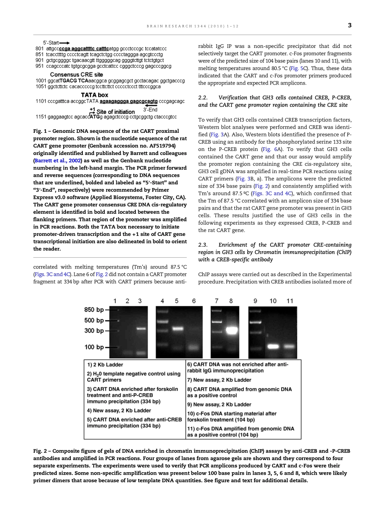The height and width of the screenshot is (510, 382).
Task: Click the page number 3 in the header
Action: coord(349,25)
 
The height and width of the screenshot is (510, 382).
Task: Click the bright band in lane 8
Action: coord(231,330)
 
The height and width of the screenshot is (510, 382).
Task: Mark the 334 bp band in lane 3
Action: coord(140,329)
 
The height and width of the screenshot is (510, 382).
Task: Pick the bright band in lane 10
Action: coord(273,346)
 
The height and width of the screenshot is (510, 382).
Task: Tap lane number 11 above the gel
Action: coord(290,301)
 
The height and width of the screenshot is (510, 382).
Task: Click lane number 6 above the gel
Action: coord(194,301)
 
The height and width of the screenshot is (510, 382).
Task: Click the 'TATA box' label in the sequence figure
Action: coord(94,95)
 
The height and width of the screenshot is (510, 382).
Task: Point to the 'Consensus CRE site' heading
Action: coord(76,74)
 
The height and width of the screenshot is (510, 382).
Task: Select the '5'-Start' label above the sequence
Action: coord(51,43)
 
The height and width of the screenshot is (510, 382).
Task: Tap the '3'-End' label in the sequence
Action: coord(150,109)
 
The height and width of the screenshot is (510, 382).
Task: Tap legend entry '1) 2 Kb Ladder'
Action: coord(105,365)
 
